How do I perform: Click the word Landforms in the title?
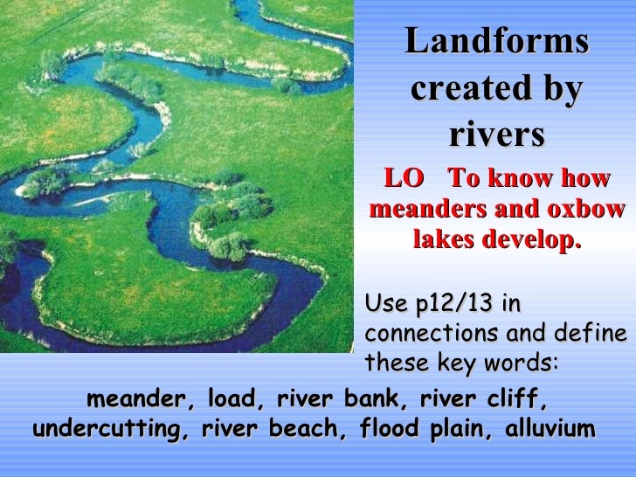497,42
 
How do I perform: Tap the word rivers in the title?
497,135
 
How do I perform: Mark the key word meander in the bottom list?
139,400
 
